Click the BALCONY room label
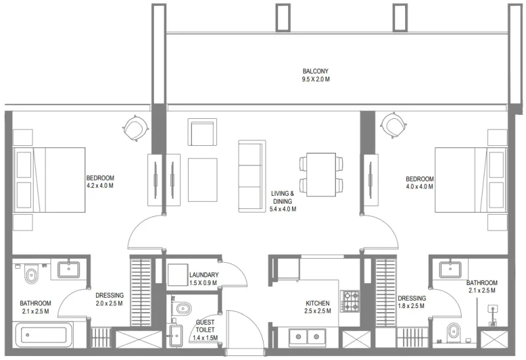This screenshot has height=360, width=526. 316,71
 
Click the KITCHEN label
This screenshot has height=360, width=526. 318,304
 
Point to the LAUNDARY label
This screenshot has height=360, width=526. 203,275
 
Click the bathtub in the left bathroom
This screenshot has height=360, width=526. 41,335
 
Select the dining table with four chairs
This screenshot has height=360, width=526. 321,172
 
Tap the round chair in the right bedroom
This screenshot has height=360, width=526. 394,125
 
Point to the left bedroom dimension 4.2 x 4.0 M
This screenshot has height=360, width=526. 101,186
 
